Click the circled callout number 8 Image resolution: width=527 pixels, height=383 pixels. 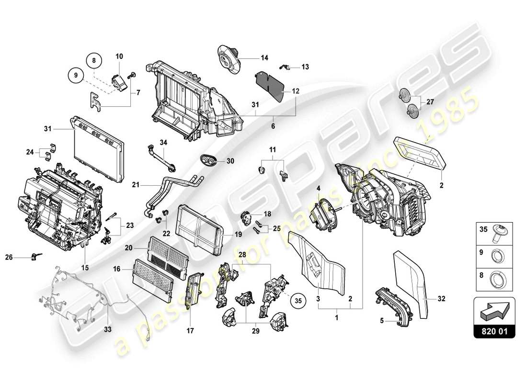click(94, 61)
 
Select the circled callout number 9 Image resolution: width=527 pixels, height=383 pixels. click(75, 75)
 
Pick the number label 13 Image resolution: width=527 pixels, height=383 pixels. click(305, 67)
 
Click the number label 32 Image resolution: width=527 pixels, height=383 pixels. click(441, 299)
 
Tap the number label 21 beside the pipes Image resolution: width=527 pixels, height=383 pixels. click(136, 184)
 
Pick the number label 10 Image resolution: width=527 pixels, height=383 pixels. click(119, 56)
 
